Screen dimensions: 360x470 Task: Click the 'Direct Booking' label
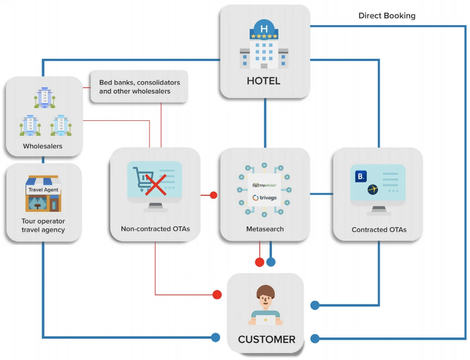(387, 16)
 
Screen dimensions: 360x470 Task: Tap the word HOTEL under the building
(264, 81)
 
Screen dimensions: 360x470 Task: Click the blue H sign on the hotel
(264, 29)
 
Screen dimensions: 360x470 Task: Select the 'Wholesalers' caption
(43, 146)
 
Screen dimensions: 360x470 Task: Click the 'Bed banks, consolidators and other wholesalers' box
(139, 87)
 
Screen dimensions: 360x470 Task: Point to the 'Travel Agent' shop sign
(43, 190)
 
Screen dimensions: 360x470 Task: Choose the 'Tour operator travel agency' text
(43, 225)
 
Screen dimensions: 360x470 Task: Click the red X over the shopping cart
(156, 185)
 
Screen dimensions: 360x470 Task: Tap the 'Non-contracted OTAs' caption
(155, 229)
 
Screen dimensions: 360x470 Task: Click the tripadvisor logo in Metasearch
(264, 185)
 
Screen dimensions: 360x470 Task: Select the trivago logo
(265, 198)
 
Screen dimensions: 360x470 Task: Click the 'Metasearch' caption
(265, 229)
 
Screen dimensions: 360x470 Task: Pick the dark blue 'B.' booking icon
(361, 176)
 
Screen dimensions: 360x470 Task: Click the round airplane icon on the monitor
(373, 189)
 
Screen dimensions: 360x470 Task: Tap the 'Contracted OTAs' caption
(379, 230)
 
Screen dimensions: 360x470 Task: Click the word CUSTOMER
(267, 340)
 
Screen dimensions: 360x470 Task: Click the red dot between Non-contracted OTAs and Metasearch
(214, 195)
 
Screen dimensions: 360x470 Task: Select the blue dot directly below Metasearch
(271, 262)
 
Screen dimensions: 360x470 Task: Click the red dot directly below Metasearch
(260, 262)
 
